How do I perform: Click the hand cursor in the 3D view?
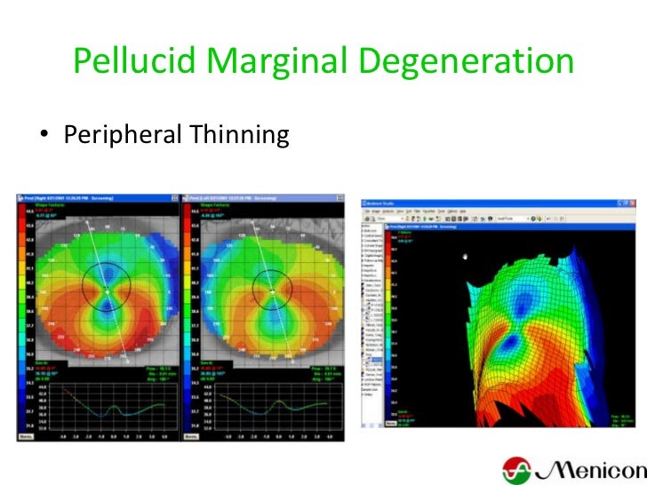coord(467,257)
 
